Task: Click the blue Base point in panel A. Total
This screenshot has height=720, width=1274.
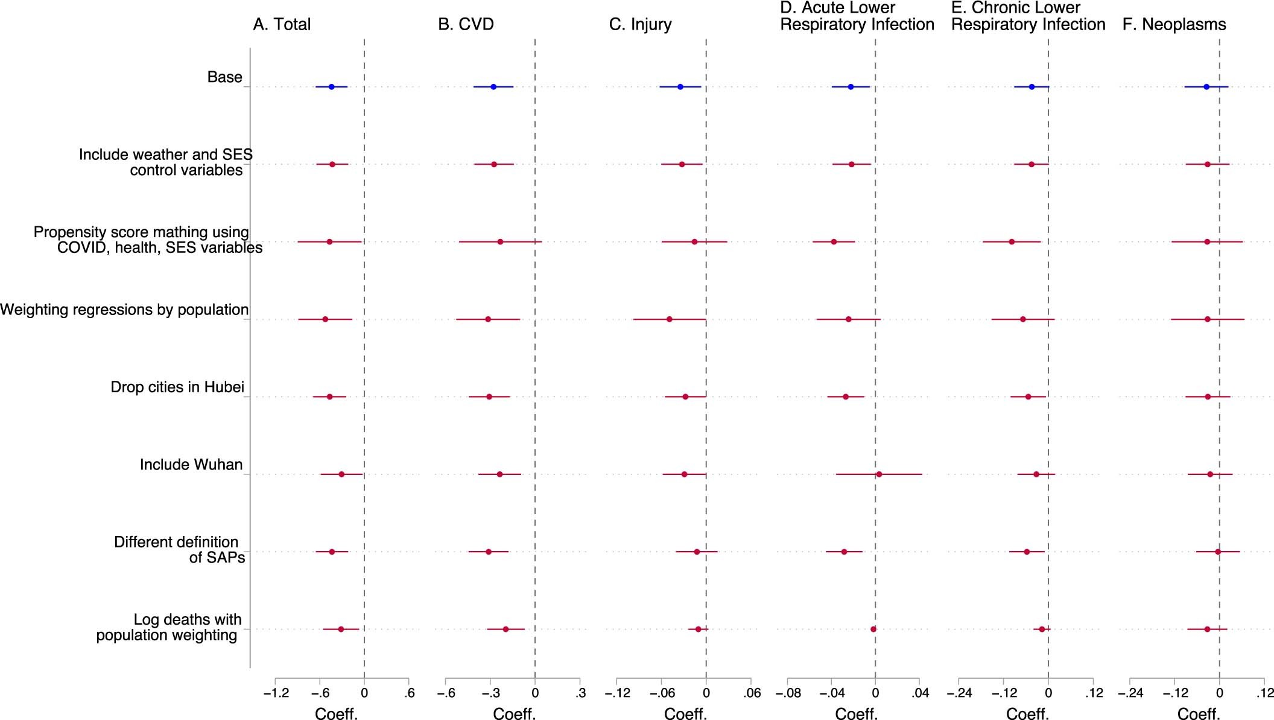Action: [x=331, y=87]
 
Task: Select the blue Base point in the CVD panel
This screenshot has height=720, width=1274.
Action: [x=493, y=87]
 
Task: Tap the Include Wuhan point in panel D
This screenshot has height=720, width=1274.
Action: [x=879, y=474]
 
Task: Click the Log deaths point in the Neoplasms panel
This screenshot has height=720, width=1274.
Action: [x=1207, y=629]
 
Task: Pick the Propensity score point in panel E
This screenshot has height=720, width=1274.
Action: [x=1012, y=242]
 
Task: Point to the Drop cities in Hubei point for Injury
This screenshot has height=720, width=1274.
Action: [x=685, y=397]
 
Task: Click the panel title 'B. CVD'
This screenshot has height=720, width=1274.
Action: [x=466, y=25]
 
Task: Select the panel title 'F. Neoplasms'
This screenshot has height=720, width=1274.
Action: [x=1174, y=25]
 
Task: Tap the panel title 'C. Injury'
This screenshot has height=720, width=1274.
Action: [x=640, y=25]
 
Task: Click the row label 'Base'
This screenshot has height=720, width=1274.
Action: [x=224, y=77]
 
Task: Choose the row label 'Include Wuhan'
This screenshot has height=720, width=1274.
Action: [x=191, y=465]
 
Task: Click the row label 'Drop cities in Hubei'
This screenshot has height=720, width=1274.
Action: [x=177, y=387]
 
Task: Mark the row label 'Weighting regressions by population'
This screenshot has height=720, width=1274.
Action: [x=124, y=310]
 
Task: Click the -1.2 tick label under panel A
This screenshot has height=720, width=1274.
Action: [x=275, y=693]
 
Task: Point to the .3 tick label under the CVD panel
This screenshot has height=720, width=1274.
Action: [x=580, y=693]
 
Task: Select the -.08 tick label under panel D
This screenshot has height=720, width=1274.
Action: [x=788, y=693]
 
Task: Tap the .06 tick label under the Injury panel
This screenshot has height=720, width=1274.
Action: [x=752, y=693]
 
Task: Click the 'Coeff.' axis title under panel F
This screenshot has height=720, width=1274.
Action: [x=1199, y=714]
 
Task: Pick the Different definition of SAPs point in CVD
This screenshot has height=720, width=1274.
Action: [x=489, y=552]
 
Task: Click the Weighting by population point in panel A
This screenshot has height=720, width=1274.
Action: [x=325, y=319]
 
